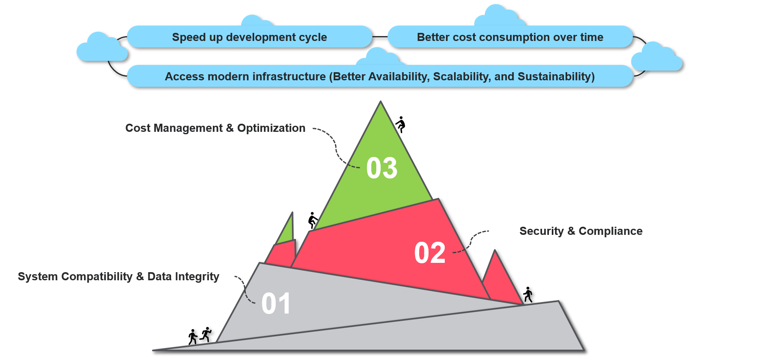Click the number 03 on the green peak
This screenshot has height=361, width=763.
coord(381,168)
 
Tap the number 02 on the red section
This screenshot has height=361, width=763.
coord(430,253)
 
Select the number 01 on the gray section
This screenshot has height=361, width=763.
coord(276,303)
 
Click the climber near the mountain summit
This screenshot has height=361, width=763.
coord(401,125)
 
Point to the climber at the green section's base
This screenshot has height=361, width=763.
coord(313,220)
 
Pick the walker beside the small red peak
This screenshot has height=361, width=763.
coord(528,295)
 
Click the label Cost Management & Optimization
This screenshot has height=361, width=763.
coord(215,128)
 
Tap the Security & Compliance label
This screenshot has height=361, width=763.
coord(581,231)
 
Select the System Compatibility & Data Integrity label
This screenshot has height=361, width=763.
coord(118,277)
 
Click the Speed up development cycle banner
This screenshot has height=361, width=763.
coord(249,37)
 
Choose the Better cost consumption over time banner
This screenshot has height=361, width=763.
coord(510,37)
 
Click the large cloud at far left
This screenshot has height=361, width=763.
coord(101,49)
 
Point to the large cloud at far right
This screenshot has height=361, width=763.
coord(657,58)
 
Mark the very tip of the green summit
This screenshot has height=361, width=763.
coord(380,103)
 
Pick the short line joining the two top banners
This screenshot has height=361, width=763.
coord(380,37)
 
